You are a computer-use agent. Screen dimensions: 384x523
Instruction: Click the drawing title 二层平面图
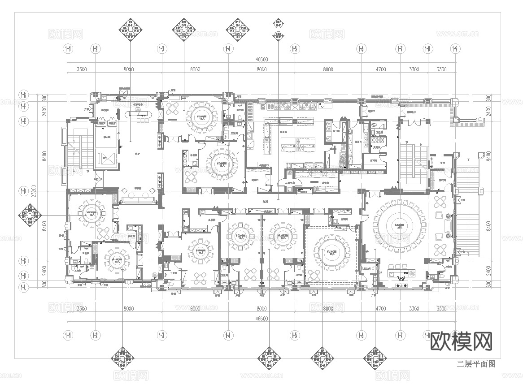tap(476, 364)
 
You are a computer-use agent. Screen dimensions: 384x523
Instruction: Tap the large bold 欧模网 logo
tap(462, 341)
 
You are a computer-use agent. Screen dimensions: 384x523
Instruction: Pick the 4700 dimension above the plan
tap(380, 69)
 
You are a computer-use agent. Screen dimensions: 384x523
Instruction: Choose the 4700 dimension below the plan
tap(380, 309)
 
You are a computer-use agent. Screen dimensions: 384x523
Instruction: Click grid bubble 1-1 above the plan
tap(68, 48)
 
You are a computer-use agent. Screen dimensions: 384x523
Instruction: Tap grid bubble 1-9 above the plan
tap(455, 48)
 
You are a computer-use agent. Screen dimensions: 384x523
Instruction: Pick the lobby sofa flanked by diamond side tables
tap(137, 198)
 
